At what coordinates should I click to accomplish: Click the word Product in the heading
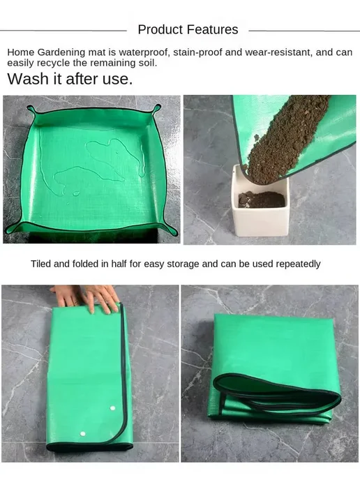[160, 30]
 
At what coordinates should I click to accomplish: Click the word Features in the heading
[212, 30]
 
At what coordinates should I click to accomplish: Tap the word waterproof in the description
[144, 52]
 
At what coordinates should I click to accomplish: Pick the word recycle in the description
[53, 63]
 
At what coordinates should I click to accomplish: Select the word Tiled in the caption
[40, 264]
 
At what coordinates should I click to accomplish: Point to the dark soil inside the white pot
[262, 200]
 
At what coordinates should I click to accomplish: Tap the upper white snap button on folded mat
[112, 408]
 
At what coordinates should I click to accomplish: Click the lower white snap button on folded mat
[82, 434]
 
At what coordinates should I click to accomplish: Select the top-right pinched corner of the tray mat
[156, 109]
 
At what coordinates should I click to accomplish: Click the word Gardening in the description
[61, 52]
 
